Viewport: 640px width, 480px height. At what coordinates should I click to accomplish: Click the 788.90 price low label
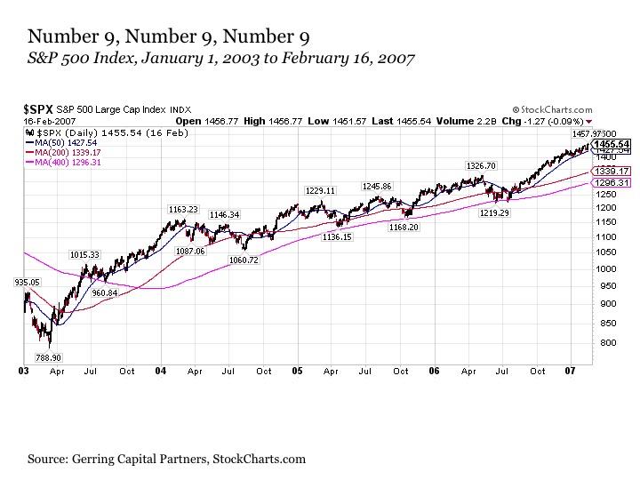[47, 356]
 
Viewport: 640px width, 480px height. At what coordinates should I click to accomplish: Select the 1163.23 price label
[183, 209]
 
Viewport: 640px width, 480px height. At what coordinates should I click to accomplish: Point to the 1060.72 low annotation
[244, 260]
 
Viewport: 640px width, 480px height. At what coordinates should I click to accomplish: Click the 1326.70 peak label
[480, 165]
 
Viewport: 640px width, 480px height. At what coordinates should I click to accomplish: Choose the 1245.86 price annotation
[376, 186]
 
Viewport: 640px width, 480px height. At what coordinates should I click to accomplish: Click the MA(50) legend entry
[60, 141]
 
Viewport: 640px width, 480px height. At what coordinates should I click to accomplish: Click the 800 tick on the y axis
[605, 342]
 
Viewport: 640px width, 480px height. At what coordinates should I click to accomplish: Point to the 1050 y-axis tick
[608, 252]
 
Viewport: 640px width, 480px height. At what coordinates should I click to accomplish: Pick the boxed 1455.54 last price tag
[612, 143]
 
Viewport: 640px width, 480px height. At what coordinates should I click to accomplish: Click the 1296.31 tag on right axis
[612, 182]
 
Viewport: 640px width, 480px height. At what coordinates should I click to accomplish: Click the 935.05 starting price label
[28, 282]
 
